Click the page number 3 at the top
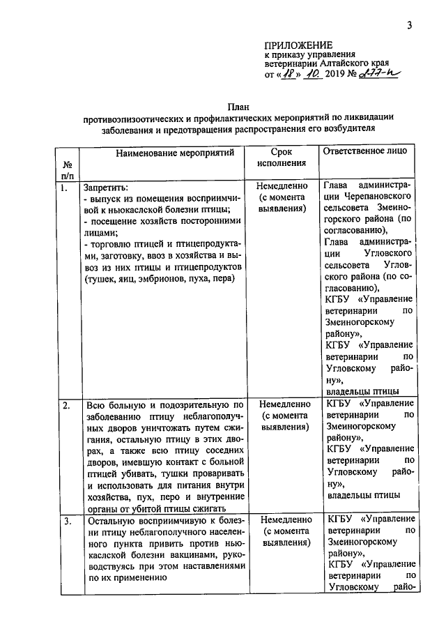[410, 26]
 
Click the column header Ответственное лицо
[367, 151]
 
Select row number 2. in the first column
[65, 404]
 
